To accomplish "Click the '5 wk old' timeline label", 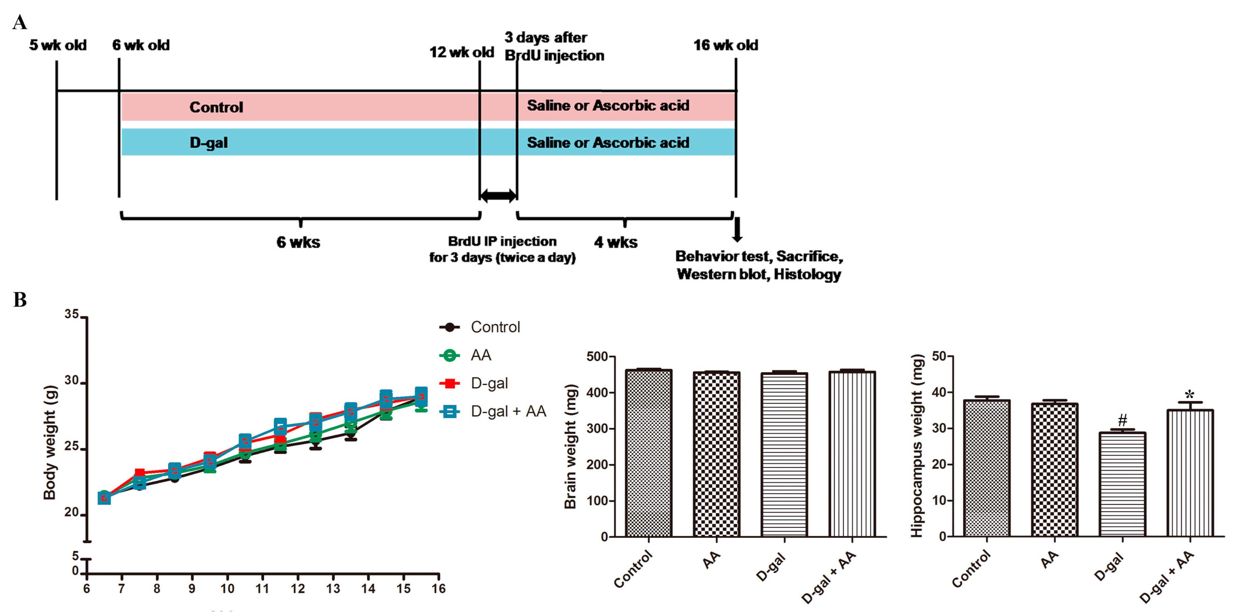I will (58, 45).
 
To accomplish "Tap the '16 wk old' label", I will (725, 45).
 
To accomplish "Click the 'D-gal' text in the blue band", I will (208, 143).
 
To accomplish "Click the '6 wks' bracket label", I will (298, 242).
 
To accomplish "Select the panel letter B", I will (20, 300).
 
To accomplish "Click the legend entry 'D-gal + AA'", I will (508, 411).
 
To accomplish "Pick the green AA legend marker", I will (450, 355).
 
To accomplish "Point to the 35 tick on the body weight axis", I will (72, 315).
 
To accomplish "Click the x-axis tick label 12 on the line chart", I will (297, 589).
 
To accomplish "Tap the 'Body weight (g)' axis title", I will (50, 442).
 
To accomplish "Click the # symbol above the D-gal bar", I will (1122, 420).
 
